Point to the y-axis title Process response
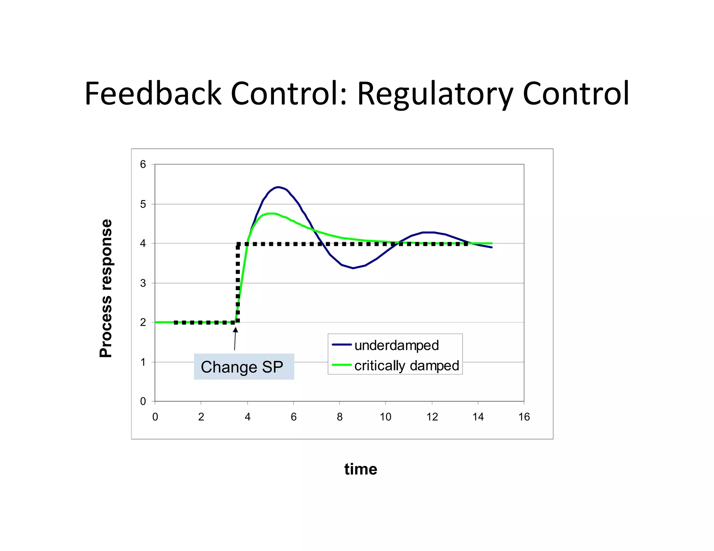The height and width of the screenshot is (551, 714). click(106, 288)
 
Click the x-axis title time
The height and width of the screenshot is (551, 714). click(360, 469)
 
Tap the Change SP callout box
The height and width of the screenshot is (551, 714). click(244, 367)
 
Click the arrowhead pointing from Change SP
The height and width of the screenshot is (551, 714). click(236, 329)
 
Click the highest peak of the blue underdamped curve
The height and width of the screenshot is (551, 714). click(278, 187)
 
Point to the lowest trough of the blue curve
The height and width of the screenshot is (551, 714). click(353, 268)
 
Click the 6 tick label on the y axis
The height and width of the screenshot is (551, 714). click(143, 164)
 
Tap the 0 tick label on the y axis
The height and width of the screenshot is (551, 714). click(143, 401)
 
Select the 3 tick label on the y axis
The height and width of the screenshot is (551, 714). click(143, 283)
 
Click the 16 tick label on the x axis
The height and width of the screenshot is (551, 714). click(524, 417)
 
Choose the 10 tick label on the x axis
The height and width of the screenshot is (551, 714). click(386, 417)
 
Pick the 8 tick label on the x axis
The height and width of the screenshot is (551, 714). click(340, 417)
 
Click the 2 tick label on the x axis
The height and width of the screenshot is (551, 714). click(201, 417)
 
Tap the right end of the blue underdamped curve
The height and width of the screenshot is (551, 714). click(492, 247)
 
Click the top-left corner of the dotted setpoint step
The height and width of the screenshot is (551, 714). click(238, 244)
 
